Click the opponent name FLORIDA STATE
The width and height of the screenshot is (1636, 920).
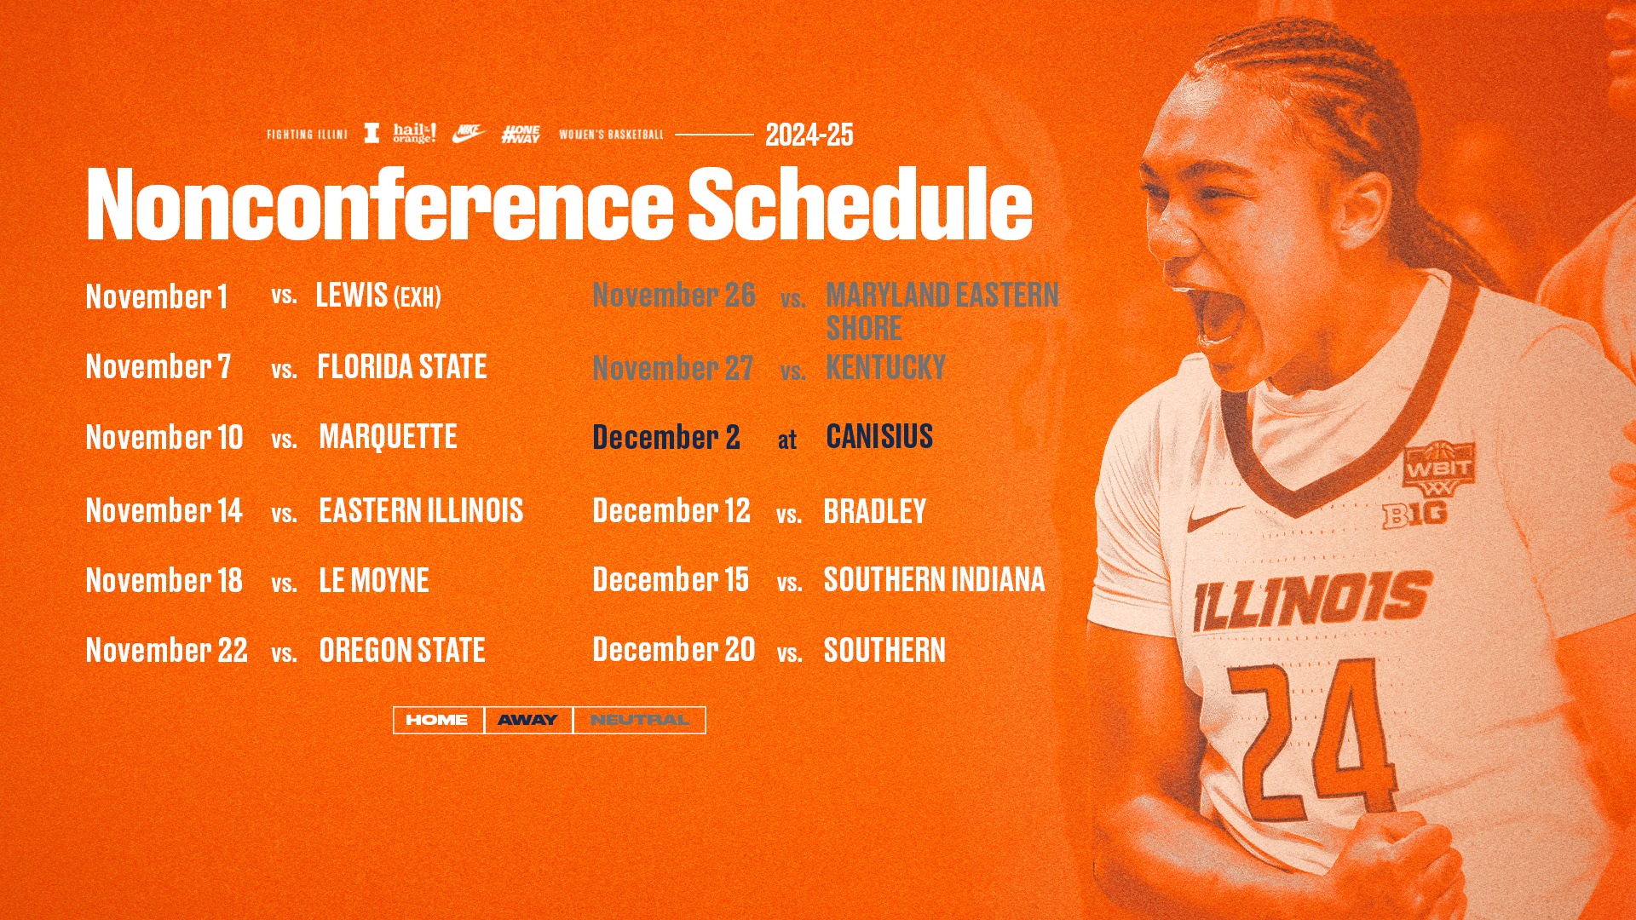click(401, 367)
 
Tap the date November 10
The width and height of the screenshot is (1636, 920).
click(164, 437)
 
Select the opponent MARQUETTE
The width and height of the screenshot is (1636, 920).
click(388, 437)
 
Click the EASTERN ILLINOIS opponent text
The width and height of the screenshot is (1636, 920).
click(421, 511)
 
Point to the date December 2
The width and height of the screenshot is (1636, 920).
click(665, 437)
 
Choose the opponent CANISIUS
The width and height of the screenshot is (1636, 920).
click(879, 436)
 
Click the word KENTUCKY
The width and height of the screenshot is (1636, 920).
click(885, 368)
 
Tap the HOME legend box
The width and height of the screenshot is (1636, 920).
click(437, 720)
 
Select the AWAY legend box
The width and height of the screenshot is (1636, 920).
click(527, 720)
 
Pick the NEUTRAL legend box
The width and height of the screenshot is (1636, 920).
click(639, 720)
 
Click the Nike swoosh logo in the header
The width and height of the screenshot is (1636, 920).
click(468, 134)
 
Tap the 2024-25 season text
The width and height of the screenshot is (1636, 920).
click(809, 135)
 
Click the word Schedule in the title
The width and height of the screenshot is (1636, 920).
click(860, 204)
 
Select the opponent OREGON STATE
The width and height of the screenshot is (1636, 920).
click(401, 651)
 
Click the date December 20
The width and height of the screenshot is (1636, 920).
click(673, 650)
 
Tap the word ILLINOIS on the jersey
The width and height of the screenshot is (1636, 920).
click(1312, 601)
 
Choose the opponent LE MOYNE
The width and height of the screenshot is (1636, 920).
click(374, 581)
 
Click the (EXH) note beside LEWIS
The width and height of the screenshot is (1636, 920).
click(417, 297)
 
